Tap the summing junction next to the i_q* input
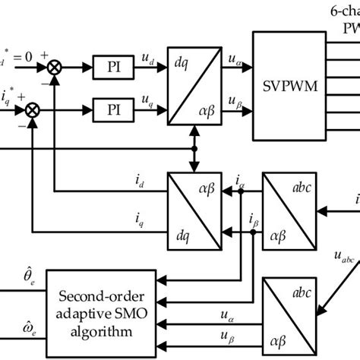point(33,109)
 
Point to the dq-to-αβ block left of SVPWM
point(194,89)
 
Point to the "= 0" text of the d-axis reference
point(21,55)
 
